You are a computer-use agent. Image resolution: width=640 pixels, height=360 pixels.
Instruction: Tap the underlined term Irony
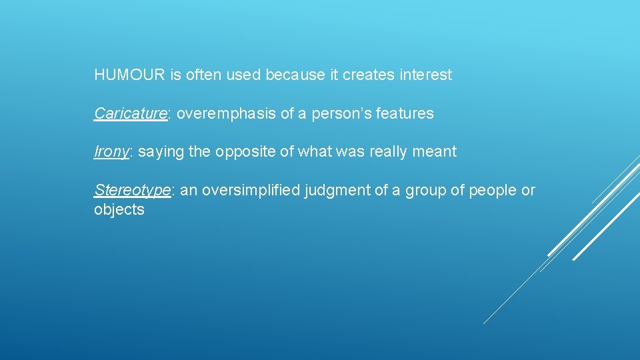pos(111,152)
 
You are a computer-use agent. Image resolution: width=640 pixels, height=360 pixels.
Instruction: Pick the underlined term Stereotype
pos(132,191)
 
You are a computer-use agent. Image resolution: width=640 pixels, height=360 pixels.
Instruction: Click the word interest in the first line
pos(426,75)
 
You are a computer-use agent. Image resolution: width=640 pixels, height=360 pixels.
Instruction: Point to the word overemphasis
pos(227,114)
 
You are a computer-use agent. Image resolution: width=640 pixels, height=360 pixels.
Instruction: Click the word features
pos(405,114)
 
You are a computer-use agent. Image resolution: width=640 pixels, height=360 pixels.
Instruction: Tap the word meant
pos(435,152)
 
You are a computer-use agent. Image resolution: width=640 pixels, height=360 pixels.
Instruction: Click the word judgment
pos(337,191)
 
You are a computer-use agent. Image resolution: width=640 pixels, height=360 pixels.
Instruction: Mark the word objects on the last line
pos(119,210)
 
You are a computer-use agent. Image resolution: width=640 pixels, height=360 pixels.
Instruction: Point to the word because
pos(295,75)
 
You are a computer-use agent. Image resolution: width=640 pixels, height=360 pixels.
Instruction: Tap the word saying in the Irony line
pos(161,152)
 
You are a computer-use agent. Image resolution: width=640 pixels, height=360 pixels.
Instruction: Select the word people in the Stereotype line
pos(493,191)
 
